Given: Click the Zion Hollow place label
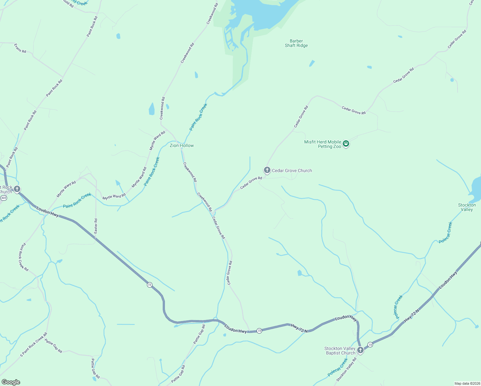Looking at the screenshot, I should pyautogui.click(x=182, y=146).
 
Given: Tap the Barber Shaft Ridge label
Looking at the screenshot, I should pyautogui.click(x=296, y=43).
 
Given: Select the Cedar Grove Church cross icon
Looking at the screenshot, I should pyautogui.click(x=267, y=170).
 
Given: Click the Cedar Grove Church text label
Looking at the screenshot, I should pyautogui.click(x=292, y=171).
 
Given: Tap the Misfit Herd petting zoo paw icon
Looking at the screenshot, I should pyautogui.click(x=346, y=143).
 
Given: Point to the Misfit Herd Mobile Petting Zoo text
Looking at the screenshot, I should pyautogui.click(x=322, y=144).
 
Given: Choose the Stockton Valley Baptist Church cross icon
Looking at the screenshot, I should pyautogui.click(x=360, y=350).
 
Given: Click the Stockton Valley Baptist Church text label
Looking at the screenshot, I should pyautogui.click(x=340, y=351).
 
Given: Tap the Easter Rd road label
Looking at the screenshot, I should pyautogui.click(x=96, y=226).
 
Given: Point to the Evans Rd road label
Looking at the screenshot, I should pyautogui.click(x=20, y=48).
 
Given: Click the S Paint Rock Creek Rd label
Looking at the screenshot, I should pyautogui.click(x=33, y=345).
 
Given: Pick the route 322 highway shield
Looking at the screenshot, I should pyautogui.click(x=4, y=198).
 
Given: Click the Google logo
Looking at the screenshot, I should pyautogui.click(x=11, y=382).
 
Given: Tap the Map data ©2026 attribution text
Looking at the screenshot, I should pyautogui.click(x=467, y=383).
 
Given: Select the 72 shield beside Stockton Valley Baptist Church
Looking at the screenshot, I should pyautogui.click(x=370, y=345).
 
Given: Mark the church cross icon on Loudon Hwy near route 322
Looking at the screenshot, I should pyautogui.click(x=17, y=189).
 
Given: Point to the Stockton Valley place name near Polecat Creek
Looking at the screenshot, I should pyautogui.click(x=467, y=207).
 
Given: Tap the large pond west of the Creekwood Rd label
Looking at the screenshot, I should pyautogui.click(x=152, y=109).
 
